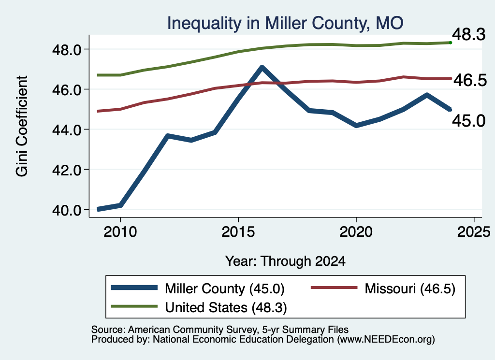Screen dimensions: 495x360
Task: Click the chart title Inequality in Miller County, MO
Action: coord(285,23)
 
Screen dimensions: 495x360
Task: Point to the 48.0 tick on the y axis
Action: coord(67,50)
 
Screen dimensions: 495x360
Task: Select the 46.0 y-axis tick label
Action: coord(67,89)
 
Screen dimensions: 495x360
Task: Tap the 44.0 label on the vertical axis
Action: coord(67,130)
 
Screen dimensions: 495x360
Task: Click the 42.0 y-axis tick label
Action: coord(67,170)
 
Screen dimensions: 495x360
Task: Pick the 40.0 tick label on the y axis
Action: coord(67,210)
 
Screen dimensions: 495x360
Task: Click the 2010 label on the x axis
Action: coord(120,232)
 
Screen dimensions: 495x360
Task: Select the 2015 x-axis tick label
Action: coord(238,232)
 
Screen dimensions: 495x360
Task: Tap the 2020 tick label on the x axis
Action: coord(356,232)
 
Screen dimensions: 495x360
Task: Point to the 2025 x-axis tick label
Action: coord(474,232)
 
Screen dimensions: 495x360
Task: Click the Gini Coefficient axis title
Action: coord(22,126)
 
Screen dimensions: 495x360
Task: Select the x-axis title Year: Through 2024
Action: coord(285,261)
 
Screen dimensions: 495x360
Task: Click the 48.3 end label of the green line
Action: coord(469,34)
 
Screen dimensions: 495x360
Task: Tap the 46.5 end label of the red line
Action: coord(470,80)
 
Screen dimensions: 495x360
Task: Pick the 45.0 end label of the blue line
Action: coord(469,121)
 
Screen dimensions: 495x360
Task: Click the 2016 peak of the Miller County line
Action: coord(262,67)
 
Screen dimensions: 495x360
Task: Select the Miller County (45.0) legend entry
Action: coord(198,288)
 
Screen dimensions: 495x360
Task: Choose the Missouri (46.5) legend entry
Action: coord(383,288)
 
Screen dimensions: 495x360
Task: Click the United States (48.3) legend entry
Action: coord(199,307)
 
